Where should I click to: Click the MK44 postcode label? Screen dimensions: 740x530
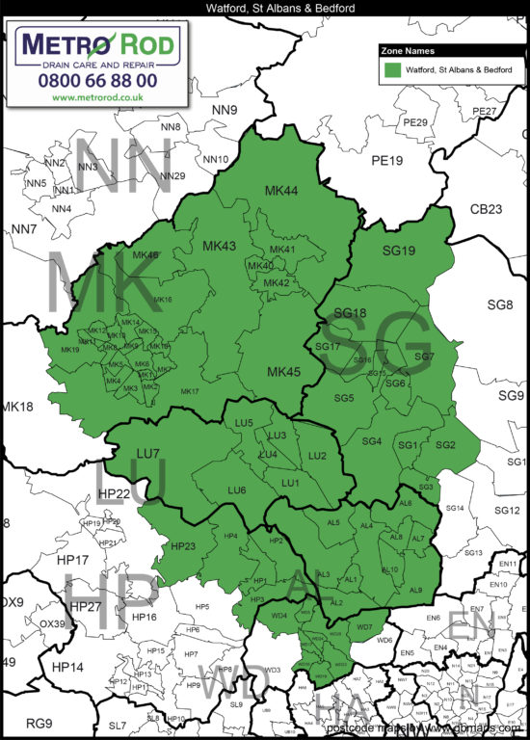point(281,192)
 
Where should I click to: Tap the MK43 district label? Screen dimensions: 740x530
point(219,247)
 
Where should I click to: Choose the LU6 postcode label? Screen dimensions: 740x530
point(237,490)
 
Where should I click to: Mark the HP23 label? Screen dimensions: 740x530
point(182,546)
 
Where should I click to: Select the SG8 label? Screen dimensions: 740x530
point(500,305)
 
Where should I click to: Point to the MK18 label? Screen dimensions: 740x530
point(17,407)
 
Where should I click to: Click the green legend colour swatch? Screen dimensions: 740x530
point(391,70)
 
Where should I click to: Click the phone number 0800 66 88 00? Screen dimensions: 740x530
point(99,81)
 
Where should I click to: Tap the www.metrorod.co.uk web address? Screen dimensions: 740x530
point(98,97)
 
